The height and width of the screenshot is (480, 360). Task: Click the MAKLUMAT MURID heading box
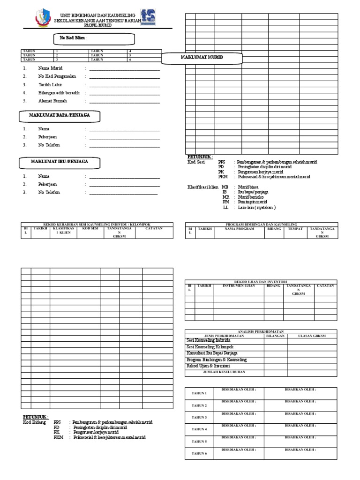(x=202, y=57)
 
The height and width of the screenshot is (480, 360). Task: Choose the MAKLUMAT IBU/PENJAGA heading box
(x=60, y=162)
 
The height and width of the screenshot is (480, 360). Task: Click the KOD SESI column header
(x=90, y=229)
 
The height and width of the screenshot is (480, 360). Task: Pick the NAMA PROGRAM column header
(x=239, y=229)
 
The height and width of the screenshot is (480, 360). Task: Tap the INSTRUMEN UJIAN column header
(x=239, y=285)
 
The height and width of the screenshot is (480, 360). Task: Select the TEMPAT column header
(x=295, y=229)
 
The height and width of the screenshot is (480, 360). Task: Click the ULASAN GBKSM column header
(x=312, y=336)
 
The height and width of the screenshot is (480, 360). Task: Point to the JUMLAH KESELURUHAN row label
(x=224, y=372)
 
